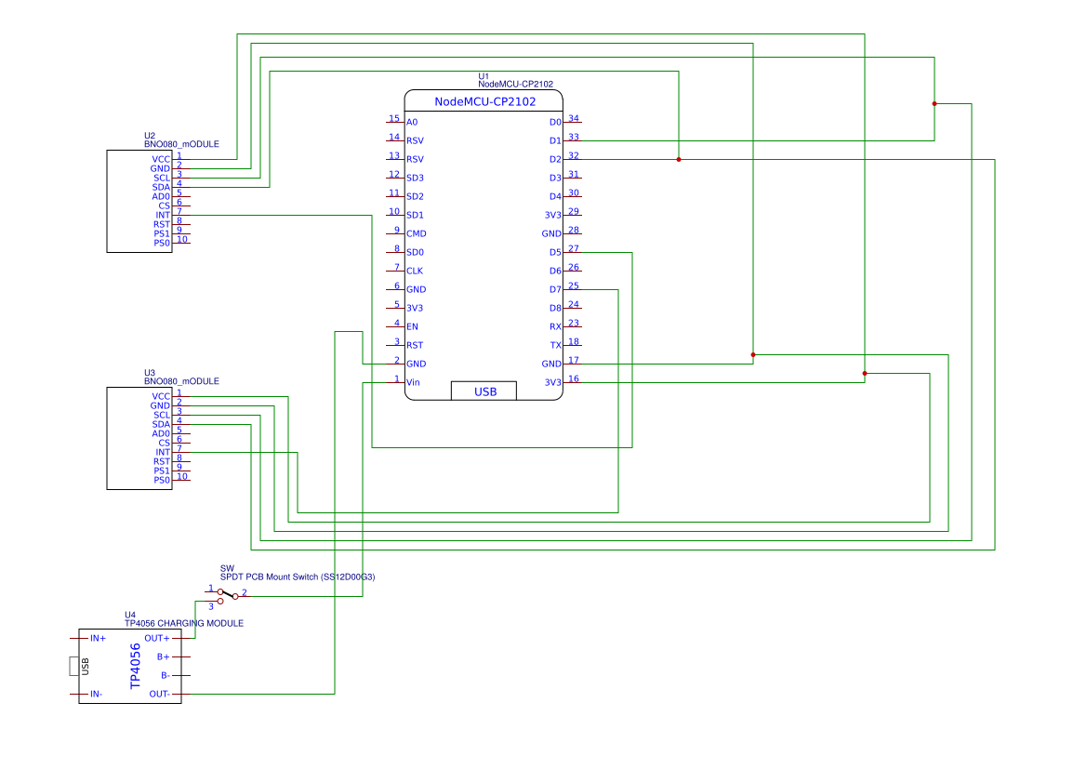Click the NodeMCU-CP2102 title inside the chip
(484, 101)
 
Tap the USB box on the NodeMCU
(484, 391)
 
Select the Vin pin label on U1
(413, 382)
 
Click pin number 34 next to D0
(574, 118)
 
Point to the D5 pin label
(555, 252)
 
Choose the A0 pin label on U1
(412, 122)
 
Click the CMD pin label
(416, 233)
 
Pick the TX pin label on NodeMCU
(556, 345)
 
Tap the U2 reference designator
(150, 136)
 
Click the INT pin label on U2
(163, 215)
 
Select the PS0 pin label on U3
(162, 480)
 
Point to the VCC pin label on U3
(161, 397)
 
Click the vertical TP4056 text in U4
(135, 666)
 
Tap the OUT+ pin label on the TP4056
(156, 638)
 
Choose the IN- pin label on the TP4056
(97, 694)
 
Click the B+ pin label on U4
(163, 656)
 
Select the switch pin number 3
(211, 607)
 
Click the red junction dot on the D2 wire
(679, 160)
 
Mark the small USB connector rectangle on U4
(73, 666)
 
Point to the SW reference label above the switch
(227, 568)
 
